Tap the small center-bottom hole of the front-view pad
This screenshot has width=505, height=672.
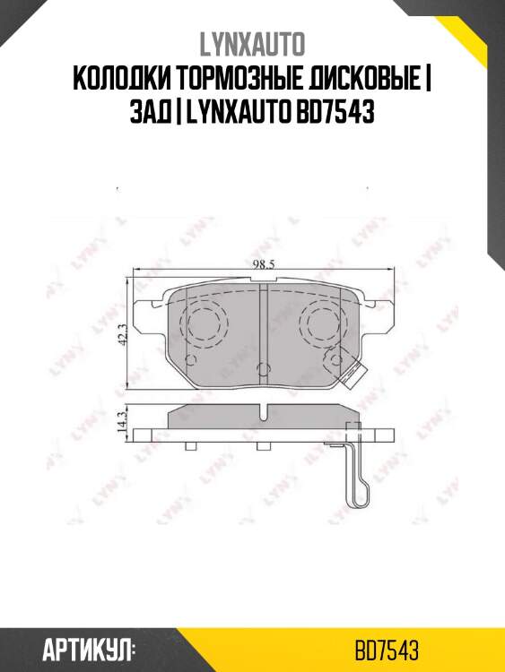261,367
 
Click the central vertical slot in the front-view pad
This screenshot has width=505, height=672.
261,323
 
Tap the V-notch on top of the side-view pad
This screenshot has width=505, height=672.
262,412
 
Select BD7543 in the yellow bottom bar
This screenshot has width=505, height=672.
387,648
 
